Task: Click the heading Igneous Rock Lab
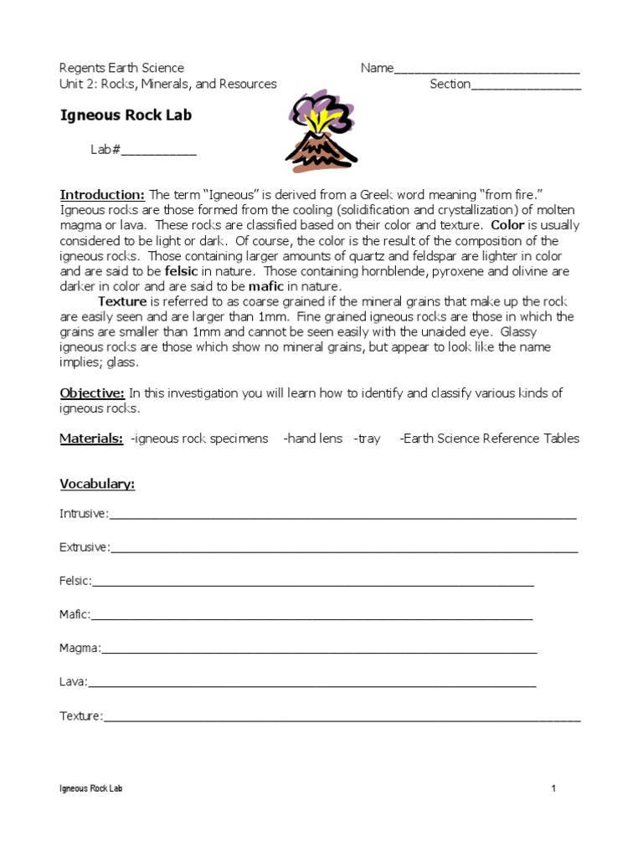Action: (126, 115)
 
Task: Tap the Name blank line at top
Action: (486, 69)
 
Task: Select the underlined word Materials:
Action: (92, 439)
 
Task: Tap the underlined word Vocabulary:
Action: (97, 485)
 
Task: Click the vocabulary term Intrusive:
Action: (84, 514)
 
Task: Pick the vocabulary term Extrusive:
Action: (85, 547)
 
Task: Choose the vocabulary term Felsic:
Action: (75, 581)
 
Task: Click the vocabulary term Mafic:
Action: (75, 614)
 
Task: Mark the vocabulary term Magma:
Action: (80, 648)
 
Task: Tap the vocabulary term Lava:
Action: (73, 682)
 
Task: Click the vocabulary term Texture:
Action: (81, 716)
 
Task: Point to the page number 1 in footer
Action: (553, 788)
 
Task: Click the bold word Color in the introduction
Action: (507, 225)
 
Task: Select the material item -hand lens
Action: (313, 439)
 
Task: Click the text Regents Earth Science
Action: (122, 69)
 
